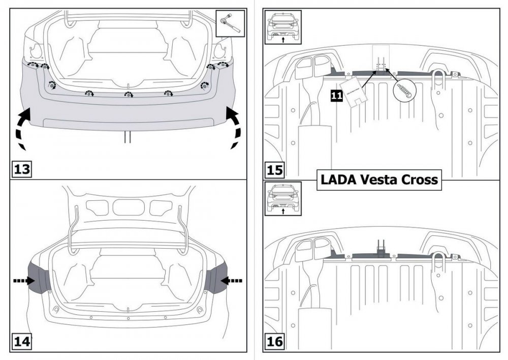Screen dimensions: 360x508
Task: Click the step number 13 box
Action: [21, 168]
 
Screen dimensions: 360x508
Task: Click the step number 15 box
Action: [275, 169]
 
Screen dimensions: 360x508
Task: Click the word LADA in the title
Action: [338, 179]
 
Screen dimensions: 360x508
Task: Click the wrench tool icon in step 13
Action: [230, 23]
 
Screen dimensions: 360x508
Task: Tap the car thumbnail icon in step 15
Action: [282, 26]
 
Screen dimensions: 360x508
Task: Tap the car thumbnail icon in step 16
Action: [282, 199]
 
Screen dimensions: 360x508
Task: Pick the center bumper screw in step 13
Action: [128, 94]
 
